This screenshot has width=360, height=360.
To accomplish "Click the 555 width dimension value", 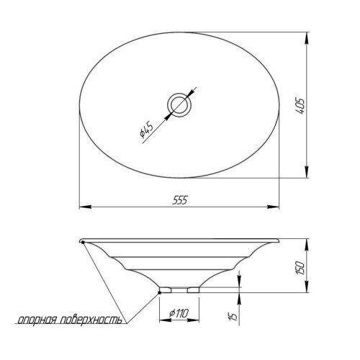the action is point(179,200).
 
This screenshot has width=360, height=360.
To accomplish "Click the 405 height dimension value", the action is point(300,106).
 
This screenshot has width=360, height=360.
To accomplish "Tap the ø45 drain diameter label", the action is point(146,130).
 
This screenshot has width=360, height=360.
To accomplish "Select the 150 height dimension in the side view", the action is point(300,268).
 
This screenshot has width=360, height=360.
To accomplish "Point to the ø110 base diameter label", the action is point(179,313).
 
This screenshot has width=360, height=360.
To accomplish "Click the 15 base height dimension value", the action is point(233,315).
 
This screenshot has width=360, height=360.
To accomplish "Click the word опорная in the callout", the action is point(37,320).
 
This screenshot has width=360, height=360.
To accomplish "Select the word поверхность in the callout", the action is point(91,320).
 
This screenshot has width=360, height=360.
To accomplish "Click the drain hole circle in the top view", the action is point(179,105).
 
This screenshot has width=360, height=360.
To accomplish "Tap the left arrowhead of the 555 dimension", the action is point(86,207).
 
